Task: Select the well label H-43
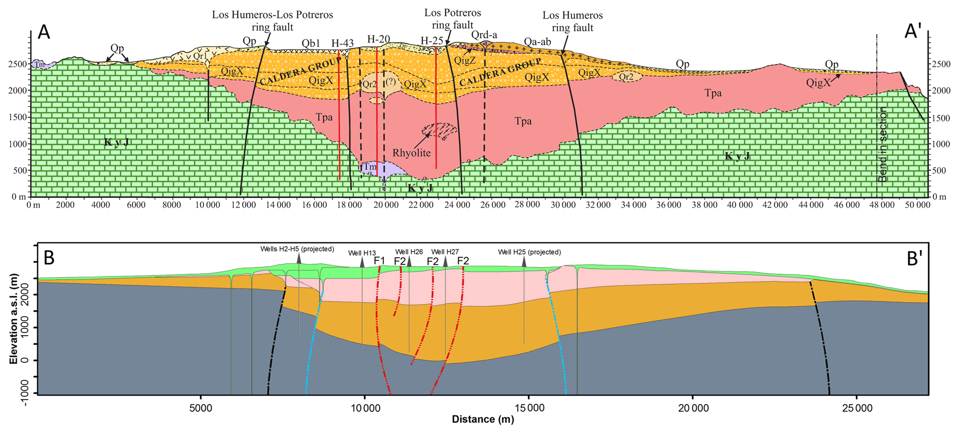pyautogui.click(x=343, y=43)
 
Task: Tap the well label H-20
pyautogui.click(x=378, y=39)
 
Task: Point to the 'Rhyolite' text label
pyautogui.click(x=411, y=153)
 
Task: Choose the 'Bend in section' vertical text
pyautogui.click(x=883, y=145)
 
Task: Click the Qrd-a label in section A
pyautogui.click(x=484, y=35)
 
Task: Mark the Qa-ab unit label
pyautogui.click(x=537, y=42)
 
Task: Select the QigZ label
pyautogui.click(x=465, y=60)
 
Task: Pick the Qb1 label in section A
pyautogui.click(x=311, y=43)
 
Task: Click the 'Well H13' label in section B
pyautogui.click(x=362, y=253)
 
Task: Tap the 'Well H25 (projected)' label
pyautogui.click(x=529, y=252)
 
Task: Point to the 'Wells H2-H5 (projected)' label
pyautogui.click(x=297, y=249)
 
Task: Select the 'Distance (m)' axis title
pyautogui.click(x=483, y=420)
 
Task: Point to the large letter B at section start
pyautogui.click(x=49, y=258)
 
